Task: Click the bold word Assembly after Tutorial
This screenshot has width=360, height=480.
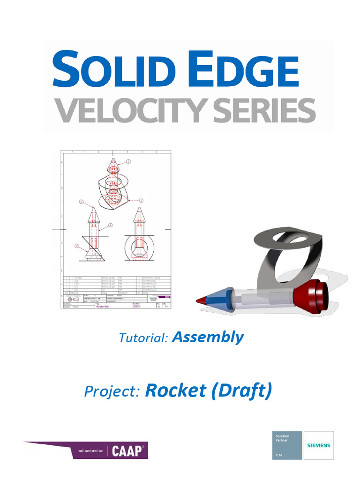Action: click(x=208, y=337)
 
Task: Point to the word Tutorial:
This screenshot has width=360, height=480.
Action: click(x=143, y=338)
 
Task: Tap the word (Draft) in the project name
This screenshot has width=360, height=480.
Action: click(x=242, y=391)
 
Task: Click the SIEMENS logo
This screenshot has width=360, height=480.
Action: click(x=319, y=445)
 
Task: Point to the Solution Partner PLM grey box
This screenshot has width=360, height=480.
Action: click(x=287, y=445)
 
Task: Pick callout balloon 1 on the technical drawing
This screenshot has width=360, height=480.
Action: click(x=141, y=200)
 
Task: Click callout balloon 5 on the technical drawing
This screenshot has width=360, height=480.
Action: click(x=81, y=202)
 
